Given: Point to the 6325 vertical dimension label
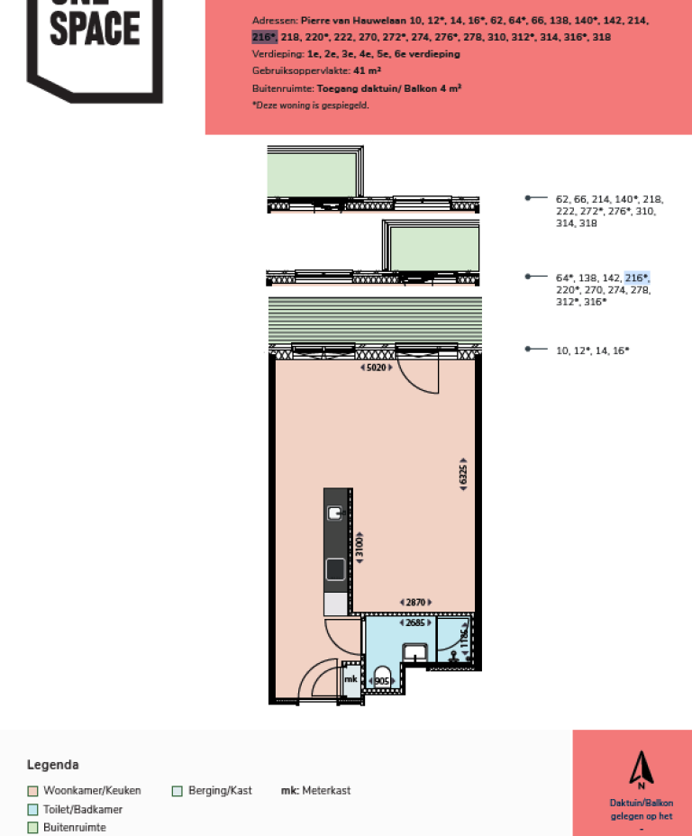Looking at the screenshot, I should point(463,476).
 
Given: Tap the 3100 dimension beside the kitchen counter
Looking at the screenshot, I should point(360,547).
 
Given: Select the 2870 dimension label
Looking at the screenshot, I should point(414,602).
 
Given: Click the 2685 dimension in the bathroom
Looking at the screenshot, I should point(415,622).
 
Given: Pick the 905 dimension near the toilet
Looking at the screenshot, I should point(381,681).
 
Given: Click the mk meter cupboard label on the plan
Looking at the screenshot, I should point(351,678).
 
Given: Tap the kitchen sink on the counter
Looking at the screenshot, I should point(335,513).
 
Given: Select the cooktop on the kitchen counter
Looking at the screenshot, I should point(335,568).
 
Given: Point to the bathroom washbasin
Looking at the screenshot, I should point(415,652).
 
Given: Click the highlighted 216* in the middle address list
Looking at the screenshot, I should point(637,277).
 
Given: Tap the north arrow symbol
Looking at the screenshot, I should point(641,769).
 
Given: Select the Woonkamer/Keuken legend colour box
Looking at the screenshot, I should point(32,791).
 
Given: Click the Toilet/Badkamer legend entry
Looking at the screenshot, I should point(82,809).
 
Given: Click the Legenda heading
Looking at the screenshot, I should point(52,765).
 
